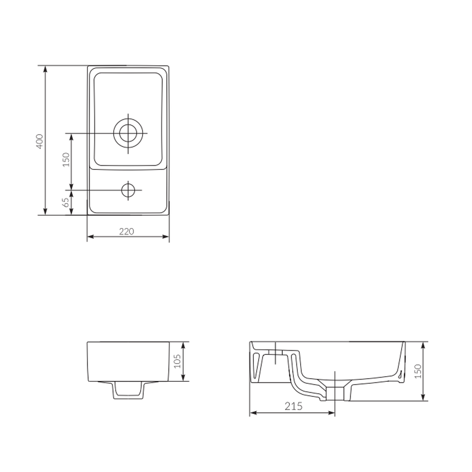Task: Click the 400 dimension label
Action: (x=40, y=141)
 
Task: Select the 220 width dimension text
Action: (x=126, y=231)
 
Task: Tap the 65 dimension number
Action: (x=66, y=202)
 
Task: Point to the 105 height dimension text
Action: (x=177, y=361)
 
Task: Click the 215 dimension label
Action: (x=294, y=406)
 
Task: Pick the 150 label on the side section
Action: (x=418, y=371)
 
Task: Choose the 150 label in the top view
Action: (x=66, y=160)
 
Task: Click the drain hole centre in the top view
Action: (x=128, y=133)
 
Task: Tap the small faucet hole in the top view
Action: (x=128, y=190)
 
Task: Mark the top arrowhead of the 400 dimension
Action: (x=45, y=69)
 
